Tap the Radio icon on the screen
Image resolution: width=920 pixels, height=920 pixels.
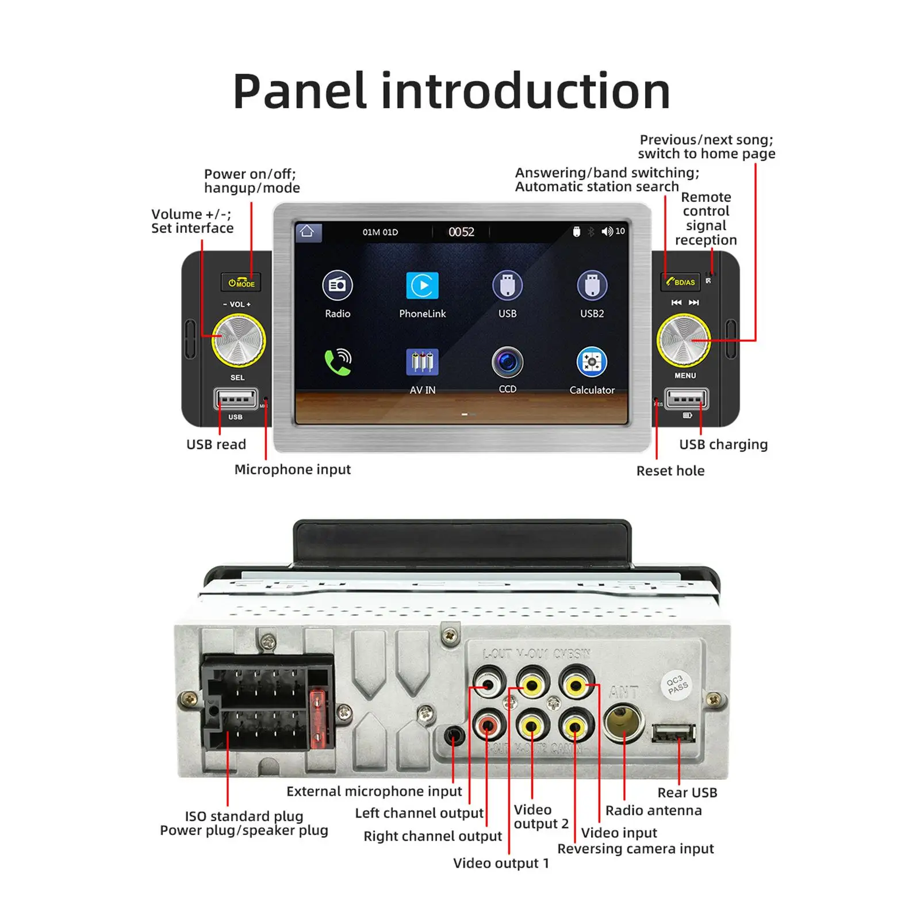click(338, 286)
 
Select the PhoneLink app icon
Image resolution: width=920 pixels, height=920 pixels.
click(423, 286)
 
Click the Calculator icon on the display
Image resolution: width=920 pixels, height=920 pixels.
click(592, 363)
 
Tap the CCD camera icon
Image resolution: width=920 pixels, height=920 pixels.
click(507, 362)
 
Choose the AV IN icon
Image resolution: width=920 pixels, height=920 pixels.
click(423, 362)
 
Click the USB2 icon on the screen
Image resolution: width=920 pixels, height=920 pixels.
click(592, 286)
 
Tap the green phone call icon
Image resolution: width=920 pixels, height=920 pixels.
click(338, 362)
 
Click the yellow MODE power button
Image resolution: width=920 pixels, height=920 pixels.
click(241, 283)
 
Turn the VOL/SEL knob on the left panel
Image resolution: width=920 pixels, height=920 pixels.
click(239, 340)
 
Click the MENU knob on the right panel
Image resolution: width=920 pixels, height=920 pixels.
click(684, 340)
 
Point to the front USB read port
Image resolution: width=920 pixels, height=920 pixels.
click(235, 399)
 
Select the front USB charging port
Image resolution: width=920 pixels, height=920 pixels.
click(687, 398)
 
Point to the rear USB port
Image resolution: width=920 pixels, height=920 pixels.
click(673, 733)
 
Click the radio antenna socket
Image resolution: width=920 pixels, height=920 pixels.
click(623, 723)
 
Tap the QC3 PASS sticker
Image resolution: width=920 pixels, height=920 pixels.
click(677, 685)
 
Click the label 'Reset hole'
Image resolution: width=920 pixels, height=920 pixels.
click(670, 471)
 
